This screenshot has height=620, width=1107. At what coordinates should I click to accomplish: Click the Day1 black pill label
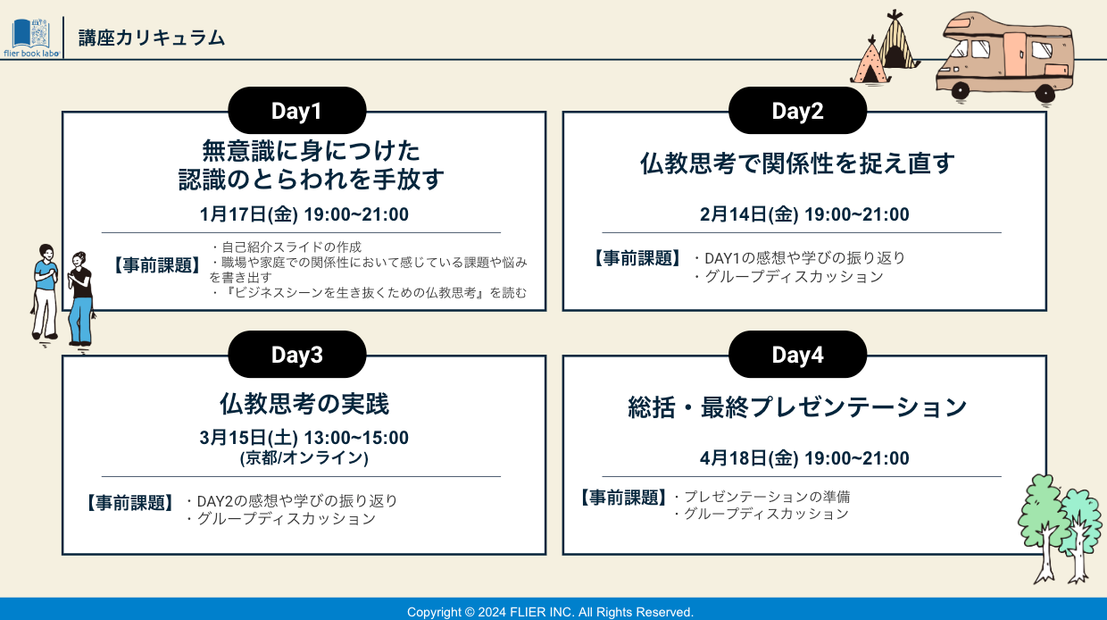tap(297, 110)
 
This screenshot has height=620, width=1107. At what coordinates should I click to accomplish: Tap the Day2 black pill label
tap(797, 110)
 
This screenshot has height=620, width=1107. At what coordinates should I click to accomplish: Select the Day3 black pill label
tap(297, 355)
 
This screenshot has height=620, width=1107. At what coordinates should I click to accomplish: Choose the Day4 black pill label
tap(797, 355)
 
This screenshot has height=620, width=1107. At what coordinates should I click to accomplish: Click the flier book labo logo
tap(31, 38)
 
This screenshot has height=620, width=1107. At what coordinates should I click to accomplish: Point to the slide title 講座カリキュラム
tap(152, 38)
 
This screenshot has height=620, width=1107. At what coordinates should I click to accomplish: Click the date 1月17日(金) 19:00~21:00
tap(304, 214)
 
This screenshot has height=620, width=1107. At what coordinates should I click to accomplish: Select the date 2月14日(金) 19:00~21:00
tap(804, 214)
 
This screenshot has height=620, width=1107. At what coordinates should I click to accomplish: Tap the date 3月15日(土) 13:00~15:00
tap(304, 438)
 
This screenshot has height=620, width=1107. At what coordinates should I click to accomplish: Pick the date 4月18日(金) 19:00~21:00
tap(804, 458)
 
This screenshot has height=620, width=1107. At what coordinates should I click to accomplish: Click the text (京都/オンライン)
tap(304, 457)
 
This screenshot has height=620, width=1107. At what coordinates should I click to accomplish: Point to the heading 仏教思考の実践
tap(304, 404)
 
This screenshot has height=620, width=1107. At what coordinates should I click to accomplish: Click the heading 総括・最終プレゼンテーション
tap(797, 407)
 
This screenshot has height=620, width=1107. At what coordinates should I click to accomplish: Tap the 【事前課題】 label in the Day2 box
tap(637, 258)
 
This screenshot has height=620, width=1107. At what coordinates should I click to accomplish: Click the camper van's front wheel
tap(961, 91)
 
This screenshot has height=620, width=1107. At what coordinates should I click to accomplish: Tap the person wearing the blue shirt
tap(46, 292)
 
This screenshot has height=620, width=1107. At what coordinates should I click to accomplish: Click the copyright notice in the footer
tap(550, 612)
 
